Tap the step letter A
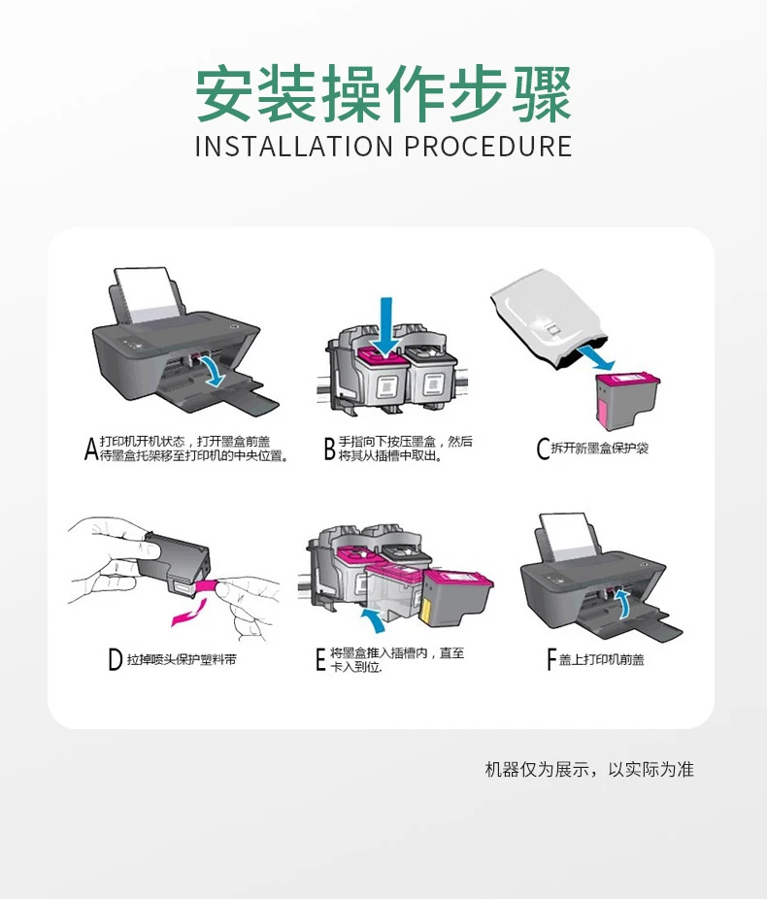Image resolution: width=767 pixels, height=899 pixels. click(90, 449)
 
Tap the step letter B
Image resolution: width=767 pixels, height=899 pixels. click(329, 449)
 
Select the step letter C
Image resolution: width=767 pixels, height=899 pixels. click(542, 449)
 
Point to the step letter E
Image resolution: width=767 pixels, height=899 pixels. click(319, 660)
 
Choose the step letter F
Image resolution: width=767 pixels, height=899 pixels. click(550, 660)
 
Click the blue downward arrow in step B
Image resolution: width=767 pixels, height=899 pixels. click(385, 326)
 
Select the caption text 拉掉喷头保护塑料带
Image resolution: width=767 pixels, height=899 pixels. click(182, 660)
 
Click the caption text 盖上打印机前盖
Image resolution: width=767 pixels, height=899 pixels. click(602, 660)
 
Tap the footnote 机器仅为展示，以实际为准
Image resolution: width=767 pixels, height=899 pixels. click(589, 770)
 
